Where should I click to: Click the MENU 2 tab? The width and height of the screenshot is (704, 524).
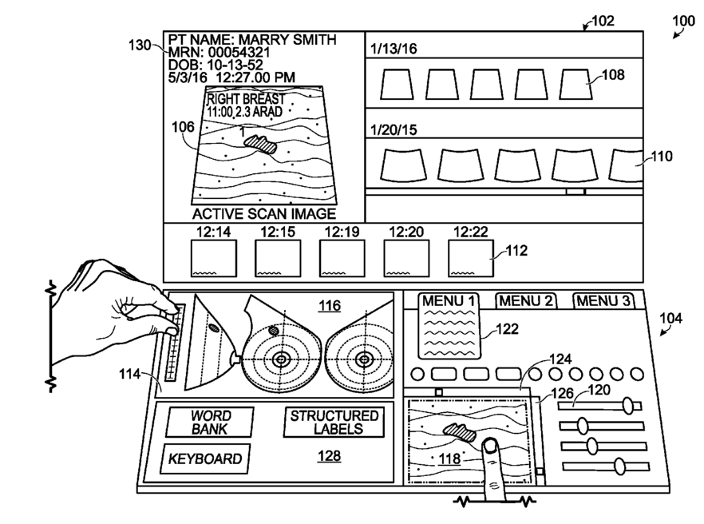pos(525,300)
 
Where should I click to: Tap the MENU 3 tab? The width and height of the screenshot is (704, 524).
pos(604,300)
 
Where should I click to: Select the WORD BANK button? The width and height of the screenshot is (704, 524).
pos(210,422)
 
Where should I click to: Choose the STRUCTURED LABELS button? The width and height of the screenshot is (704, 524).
pos(334,422)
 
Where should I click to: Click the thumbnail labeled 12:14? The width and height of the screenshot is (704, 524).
pos(214,258)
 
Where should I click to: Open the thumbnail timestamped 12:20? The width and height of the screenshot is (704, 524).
pos(406,258)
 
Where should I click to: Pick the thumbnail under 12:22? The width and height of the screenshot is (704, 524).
pos(471,258)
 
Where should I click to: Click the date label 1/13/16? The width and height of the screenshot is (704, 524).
pos(394,49)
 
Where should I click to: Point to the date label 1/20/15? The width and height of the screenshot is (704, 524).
pos(394,130)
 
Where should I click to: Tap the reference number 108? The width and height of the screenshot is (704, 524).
pos(613,74)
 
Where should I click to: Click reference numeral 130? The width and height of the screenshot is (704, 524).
pos(140,45)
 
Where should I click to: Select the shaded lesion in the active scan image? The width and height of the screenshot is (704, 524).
pos(260,144)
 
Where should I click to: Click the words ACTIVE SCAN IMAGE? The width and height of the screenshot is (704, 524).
pos(264,213)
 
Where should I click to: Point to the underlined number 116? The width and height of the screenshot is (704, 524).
pos(330,306)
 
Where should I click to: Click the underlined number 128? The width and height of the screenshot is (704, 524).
pos(329,455)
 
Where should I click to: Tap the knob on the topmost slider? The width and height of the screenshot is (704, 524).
pos(628,405)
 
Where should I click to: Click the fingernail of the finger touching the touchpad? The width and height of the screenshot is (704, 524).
pos(490,446)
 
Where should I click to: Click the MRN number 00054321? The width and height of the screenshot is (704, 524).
pos(239,52)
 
